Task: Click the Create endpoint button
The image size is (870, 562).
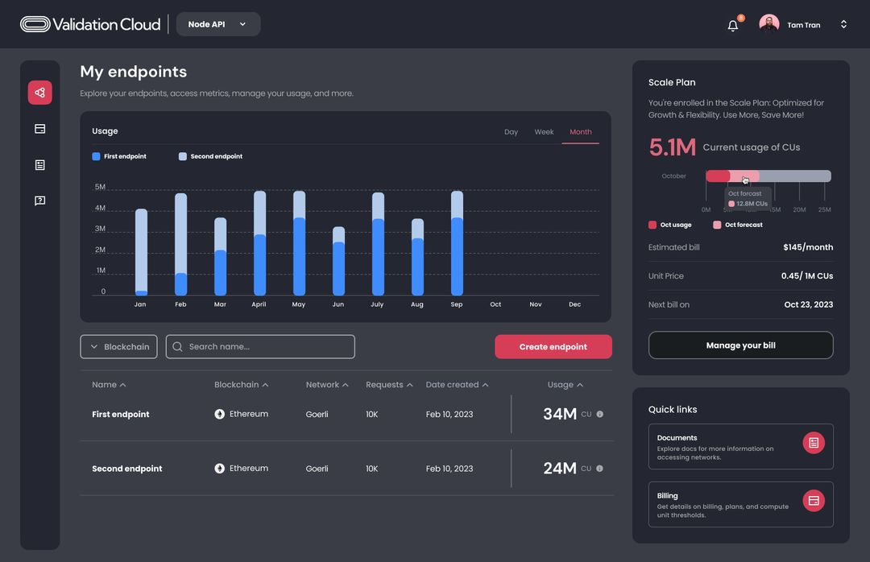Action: (x=553, y=347)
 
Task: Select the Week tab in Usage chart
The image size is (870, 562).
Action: (x=544, y=132)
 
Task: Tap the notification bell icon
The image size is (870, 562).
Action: (x=732, y=26)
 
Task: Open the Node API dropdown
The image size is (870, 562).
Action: (x=217, y=24)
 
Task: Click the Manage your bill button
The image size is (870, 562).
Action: (x=740, y=345)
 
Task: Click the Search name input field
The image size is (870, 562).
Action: (x=260, y=347)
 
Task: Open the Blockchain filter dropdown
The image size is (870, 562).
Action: (x=118, y=347)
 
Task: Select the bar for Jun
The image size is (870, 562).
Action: (x=338, y=262)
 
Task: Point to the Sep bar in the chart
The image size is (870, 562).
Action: (x=457, y=243)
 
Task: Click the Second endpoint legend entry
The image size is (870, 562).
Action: (x=211, y=156)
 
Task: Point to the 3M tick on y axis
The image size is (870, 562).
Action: (x=100, y=229)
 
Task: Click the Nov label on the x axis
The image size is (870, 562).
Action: (x=535, y=304)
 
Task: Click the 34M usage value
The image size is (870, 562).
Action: (x=559, y=414)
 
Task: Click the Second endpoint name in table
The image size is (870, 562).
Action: (x=127, y=469)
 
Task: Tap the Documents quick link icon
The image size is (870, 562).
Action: (x=814, y=443)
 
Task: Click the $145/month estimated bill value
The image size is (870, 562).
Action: (x=808, y=247)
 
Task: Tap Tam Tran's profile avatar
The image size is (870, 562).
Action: (x=768, y=25)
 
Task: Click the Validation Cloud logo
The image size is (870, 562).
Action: (x=90, y=24)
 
